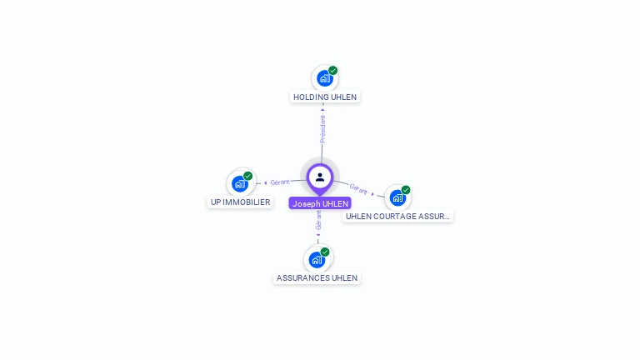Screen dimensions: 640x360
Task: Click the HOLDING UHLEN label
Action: click(325, 97)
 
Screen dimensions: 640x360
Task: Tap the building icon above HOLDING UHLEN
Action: click(324, 78)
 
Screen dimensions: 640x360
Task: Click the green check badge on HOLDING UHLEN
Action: click(333, 71)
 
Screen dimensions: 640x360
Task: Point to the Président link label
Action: click(322, 128)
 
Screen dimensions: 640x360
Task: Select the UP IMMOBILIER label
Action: click(240, 202)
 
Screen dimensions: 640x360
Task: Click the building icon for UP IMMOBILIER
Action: click(240, 183)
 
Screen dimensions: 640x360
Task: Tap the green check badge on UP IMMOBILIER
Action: click(248, 176)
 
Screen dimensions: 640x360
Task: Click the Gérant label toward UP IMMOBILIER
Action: click(280, 182)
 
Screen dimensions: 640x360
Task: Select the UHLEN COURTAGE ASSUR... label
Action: click(397, 216)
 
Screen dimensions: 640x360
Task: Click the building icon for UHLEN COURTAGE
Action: click(397, 197)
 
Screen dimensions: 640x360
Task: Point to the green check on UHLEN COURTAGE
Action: click(406, 190)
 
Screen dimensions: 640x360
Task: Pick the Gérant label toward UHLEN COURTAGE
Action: click(358, 189)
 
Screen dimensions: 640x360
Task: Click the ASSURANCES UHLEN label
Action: click(317, 277)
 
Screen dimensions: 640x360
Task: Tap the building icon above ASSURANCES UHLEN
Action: click(317, 259)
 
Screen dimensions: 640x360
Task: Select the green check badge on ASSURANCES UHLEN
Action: click(325, 252)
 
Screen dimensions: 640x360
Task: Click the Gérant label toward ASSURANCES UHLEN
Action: click(318, 220)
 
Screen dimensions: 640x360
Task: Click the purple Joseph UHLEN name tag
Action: click(320, 203)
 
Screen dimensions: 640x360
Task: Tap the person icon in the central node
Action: click(320, 177)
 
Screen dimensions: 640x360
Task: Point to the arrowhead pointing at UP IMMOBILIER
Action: click(265, 182)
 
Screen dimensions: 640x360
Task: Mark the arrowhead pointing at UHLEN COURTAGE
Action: click(372, 193)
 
